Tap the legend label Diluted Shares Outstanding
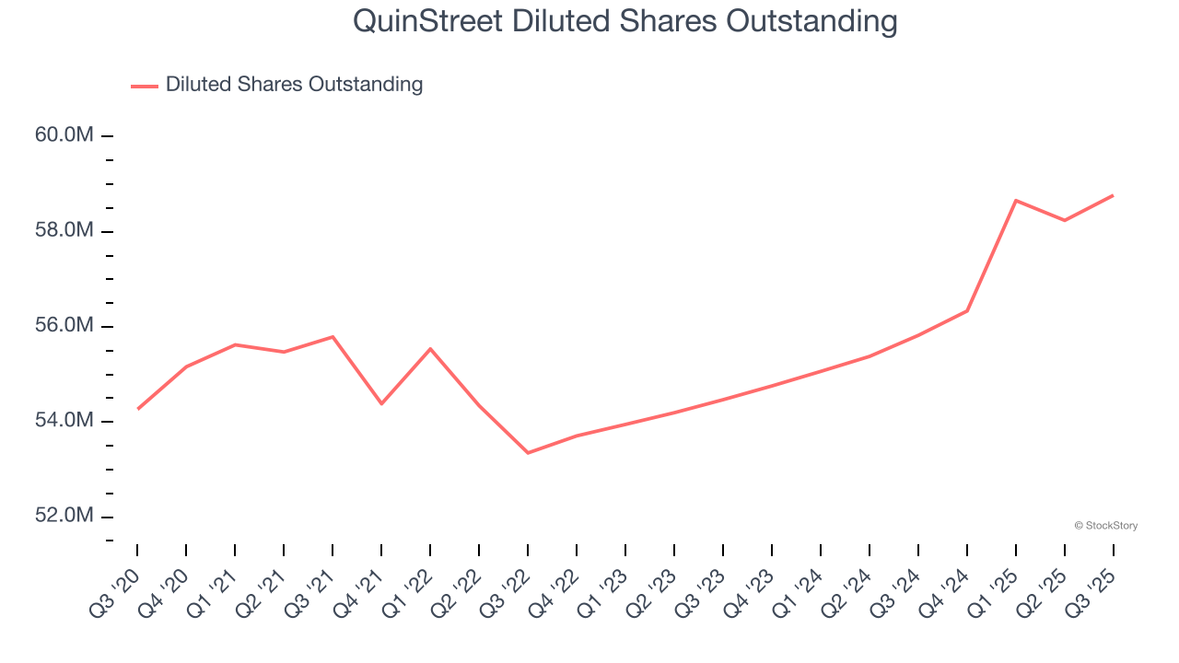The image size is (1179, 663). tap(294, 85)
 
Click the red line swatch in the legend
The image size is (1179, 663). tap(145, 86)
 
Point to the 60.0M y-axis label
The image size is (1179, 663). tap(64, 135)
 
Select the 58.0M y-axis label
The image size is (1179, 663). tap(64, 230)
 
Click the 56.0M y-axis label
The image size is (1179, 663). tap(64, 326)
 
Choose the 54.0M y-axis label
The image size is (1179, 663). tap(64, 421)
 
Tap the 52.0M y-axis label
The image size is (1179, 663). tap(64, 516)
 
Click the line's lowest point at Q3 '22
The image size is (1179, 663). tap(528, 453)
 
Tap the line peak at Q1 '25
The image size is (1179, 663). tap(1016, 200)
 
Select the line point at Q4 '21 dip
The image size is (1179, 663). tap(381, 403)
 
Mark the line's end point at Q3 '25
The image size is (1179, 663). tap(1113, 195)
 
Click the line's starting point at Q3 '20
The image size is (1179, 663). tap(138, 409)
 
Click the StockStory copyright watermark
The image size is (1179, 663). tap(1105, 526)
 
